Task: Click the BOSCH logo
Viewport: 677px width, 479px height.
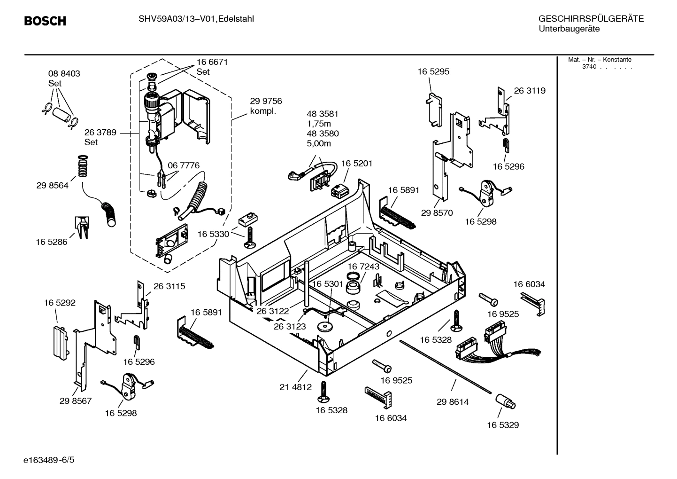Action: [x=45, y=21]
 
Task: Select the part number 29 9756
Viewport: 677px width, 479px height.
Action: [x=266, y=101]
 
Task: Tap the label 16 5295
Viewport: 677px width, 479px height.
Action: [x=433, y=72]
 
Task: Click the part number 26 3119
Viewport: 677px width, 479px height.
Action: [x=530, y=91]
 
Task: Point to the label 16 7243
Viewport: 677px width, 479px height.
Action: [x=363, y=267]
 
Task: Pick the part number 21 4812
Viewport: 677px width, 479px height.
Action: [x=295, y=387]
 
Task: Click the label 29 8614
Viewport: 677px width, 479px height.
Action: [x=453, y=402]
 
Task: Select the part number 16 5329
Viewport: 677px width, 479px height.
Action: [x=503, y=425]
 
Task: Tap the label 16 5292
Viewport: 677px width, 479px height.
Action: [x=60, y=303]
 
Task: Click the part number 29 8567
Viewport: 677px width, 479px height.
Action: [x=76, y=401]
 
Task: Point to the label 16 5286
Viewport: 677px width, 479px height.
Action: [x=51, y=242]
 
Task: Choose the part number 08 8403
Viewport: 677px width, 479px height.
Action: [x=64, y=74]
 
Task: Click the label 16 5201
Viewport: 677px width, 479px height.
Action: [x=357, y=164]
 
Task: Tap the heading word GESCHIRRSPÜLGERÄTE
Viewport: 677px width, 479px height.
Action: [x=591, y=19]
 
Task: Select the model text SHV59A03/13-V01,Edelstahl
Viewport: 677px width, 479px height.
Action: [x=196, y=19]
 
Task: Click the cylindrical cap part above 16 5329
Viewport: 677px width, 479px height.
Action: [x=505, y=401]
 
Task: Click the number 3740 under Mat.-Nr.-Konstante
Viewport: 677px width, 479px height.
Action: [x=589, y=67]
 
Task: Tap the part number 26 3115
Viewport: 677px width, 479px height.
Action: [x=169, y=286]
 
